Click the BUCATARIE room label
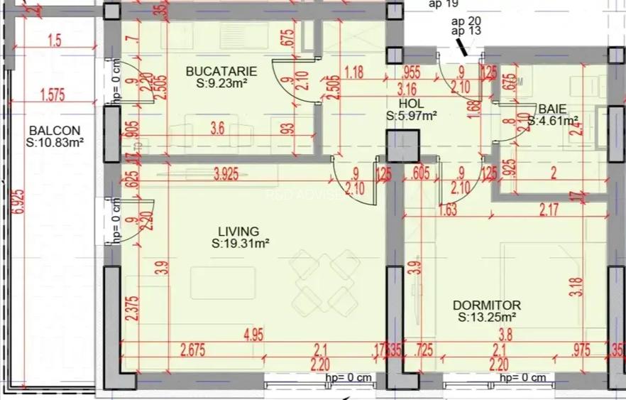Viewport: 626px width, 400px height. click(221, 71)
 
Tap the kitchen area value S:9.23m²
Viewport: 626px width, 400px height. click(221, 83)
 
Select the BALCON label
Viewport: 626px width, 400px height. click(54, 131)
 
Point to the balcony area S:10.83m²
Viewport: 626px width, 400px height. click(55, 143)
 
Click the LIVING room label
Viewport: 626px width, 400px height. click(238, 232)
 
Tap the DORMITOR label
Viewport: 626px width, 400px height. click(486, 305)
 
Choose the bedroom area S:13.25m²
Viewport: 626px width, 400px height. click(486, 317)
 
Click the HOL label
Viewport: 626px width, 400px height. click(411, 103)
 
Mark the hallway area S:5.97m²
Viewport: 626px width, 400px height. click(411, 115)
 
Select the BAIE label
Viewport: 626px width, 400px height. click(551, 109)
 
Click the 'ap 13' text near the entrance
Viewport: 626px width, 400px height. click(466, 31)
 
